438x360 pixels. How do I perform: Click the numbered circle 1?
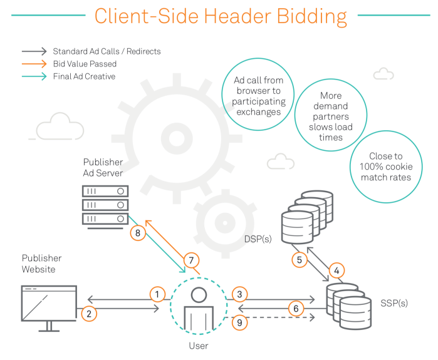157,293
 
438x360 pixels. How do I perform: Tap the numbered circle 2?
90,314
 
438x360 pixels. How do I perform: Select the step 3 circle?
238,293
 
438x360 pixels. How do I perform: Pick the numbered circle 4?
336,271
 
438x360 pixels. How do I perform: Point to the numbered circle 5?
300,259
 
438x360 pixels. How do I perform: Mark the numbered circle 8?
138,233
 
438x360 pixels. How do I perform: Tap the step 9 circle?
238,322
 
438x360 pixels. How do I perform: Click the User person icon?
199,308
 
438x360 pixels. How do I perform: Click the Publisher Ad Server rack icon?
105,204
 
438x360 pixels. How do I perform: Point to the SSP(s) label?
394,303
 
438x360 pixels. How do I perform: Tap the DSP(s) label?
258,239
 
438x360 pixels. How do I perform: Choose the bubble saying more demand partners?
331,116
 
